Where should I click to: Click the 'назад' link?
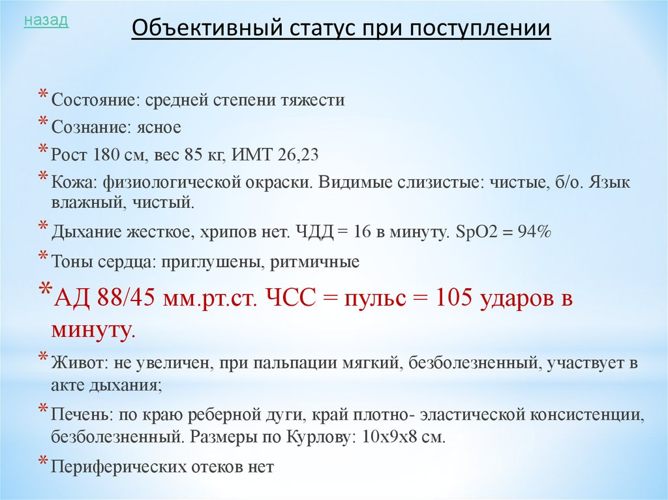tap(46, 21)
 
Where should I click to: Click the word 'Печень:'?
tap(80, 414)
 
